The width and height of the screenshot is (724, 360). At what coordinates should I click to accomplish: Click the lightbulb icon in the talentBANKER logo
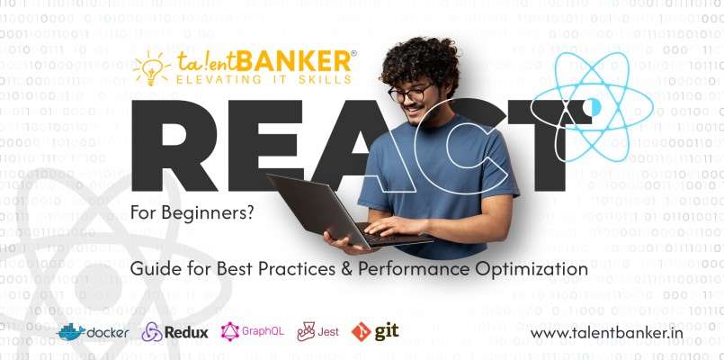point(151,69)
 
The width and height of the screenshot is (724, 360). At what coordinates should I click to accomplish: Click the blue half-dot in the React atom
point(596,107)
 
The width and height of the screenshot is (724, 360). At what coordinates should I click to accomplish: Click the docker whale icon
point(72,332)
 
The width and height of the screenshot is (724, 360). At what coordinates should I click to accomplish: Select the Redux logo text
point(186,332)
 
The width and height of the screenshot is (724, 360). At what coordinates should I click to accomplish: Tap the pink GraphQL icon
point(230,331)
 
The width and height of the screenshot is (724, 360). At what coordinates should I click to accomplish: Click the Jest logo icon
point(306,331)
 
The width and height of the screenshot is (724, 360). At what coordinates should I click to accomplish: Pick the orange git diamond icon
point(361,331)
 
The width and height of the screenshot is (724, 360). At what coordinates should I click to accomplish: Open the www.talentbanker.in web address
point(606,333)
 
